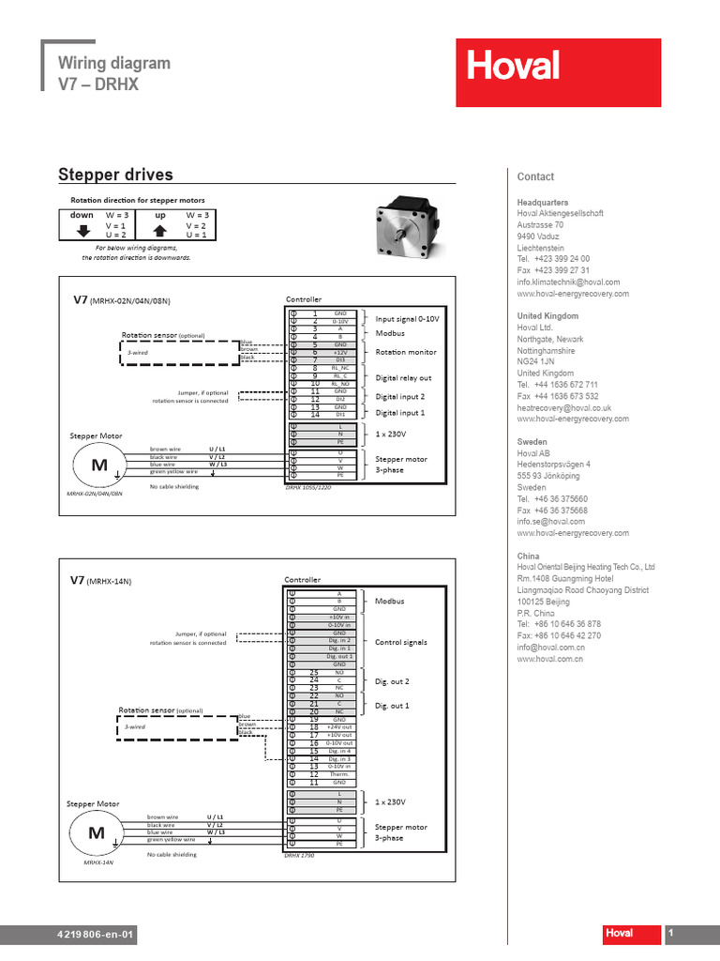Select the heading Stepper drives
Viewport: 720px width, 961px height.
[x=115, y=175]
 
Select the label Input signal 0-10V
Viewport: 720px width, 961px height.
[x=407, y=319]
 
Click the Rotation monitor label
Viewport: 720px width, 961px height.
[x=406, y=352]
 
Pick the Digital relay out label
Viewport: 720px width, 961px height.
[x=403, y=377]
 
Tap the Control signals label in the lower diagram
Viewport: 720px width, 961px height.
[x=401, y=643]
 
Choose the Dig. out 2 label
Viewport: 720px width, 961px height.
[x=392, y=680]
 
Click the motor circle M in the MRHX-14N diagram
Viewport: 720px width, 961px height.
[x=97, y=833]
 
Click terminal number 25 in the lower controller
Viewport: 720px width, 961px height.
[x=314, y=673]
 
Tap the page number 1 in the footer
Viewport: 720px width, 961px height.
[x=671, y=934]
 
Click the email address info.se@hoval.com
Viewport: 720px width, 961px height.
[x=550, y=521]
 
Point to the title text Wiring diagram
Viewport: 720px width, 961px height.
[x=114, y=63]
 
